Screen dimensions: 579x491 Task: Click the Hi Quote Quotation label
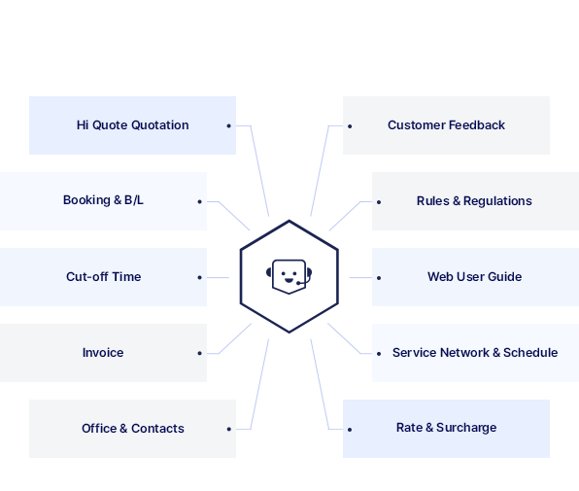pyautogui.click(x=132, y=125)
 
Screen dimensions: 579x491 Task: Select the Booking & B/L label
pyautogui.click(x=103, y=200)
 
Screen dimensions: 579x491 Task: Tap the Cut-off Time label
pyautogui.click(x=103, y=277)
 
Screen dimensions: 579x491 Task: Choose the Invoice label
pyautogui.click(x=103, y=353)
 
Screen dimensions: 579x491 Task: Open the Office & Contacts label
pyautogui.click(x=132, y=428)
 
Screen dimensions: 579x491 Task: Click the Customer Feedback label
pyautogui.click(x=446, y=125)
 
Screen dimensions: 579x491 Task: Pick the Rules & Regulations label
pyautogui.click(x=474, y=201)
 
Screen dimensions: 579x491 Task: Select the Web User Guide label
pyautogui.click(x=474, y=277)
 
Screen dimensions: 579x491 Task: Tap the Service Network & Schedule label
pyautogui.click(x=475, y=353)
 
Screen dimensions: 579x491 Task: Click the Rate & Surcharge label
pyautogui.click(x=446, y=428)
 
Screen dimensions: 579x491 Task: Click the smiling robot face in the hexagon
pyautogui.click(x=289, y=277)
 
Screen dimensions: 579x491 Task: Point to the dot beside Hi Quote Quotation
pyautogui.click(x=229, y=126)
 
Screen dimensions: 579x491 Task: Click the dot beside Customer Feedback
pyautogui.click(x=350, y=126)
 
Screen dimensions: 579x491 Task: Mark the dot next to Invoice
pyautogui.click(x=200, y=353)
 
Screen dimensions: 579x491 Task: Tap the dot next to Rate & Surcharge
pyautogui.click(x=350, y=430)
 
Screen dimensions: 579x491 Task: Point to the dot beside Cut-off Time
pyautogui.click(x=200, y=277)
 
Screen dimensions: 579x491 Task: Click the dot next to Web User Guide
pyautogui.click(x=379, y=278)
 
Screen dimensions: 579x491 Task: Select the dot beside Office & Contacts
pyautogui.click(x=229, y=429)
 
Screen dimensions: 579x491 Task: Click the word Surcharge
pyautogui.click(x=466, y=428)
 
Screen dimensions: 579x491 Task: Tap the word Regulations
pyautogui.click(x=497, y=201)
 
